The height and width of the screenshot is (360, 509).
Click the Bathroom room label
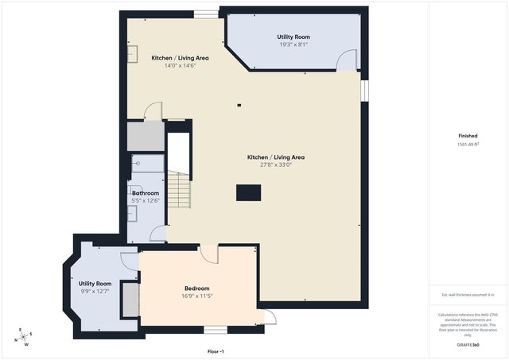[146, 193]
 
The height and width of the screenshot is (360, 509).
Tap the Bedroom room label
[197, 288]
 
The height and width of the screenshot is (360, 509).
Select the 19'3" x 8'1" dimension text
[293, 45]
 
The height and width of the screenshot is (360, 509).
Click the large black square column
[248, 192]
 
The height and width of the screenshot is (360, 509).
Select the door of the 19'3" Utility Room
[345, 60]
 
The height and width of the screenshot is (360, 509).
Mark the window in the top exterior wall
[207, 14]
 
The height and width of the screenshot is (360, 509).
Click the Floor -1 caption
[216, 351]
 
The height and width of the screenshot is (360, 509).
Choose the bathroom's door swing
[158, 234]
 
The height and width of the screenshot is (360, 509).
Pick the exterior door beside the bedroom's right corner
[270, 318]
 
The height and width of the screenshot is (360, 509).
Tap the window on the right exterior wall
[366, 90]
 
